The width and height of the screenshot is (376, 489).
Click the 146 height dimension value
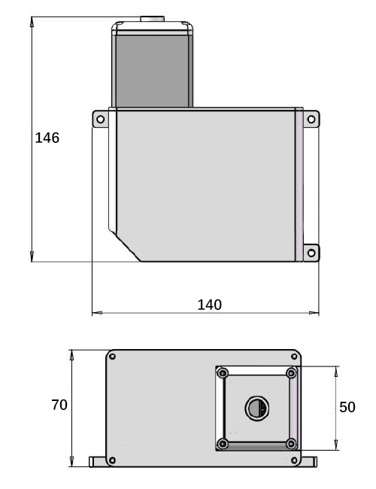click(x=47, y=138)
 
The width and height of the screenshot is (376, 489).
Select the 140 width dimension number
click(x=209, y=304)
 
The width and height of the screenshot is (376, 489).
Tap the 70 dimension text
click(x=59, y=405)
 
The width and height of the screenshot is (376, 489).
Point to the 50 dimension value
click(x=347, y=407)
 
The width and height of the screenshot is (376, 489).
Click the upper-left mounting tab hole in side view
click(x=99, y=119)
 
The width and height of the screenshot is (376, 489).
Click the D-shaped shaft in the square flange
click(x=255, y=409)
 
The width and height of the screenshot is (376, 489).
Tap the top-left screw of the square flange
click(x=222, y=373)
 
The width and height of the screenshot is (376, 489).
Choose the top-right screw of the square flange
click(x=292, y=373)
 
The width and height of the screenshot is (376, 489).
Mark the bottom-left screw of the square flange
click(x=222, y=444)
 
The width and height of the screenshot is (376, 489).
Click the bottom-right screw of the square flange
click(x=292, y=444)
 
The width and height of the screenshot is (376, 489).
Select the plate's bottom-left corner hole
click(x=113, y=460)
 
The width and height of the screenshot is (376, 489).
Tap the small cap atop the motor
click(x=150, y=17)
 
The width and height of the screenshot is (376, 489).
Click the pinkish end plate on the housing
click(x=300, y=185)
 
